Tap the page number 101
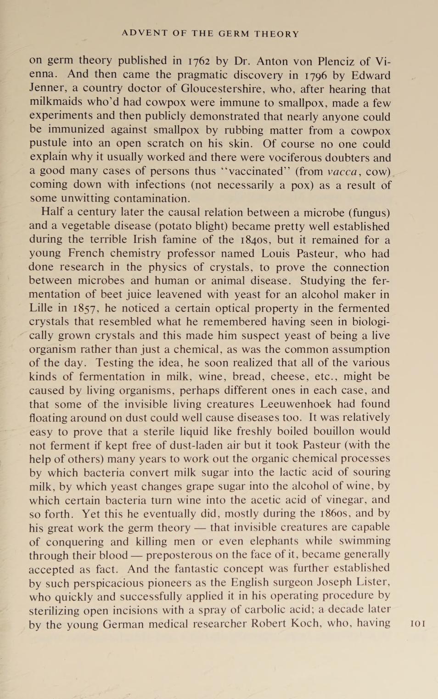tap(417, 624)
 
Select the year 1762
tap(201, 61)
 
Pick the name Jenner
tap(46, 88)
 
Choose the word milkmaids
tap(56, 102)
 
